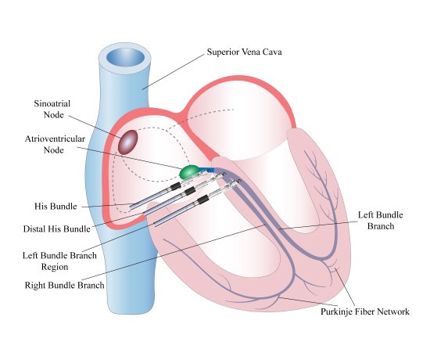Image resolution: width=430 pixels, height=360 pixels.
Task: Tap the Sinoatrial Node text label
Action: [53, 108]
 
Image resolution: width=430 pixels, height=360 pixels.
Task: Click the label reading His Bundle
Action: [56, 207]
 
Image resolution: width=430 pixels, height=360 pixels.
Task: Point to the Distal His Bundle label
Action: [56, 229]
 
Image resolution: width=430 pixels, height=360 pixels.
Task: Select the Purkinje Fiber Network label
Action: [365, 311]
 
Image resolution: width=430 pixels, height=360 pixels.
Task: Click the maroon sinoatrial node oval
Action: [128, 142]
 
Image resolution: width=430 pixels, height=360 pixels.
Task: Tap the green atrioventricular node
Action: [189, 171]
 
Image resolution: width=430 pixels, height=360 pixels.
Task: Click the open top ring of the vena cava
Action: [124, 58]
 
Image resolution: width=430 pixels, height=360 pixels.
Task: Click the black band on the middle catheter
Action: [188, 191]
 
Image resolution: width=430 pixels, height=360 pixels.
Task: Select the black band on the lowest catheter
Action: [203, 200]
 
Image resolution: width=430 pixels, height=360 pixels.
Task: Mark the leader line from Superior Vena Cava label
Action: [174, 70]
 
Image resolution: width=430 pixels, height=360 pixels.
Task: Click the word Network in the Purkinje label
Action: [390, 311]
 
